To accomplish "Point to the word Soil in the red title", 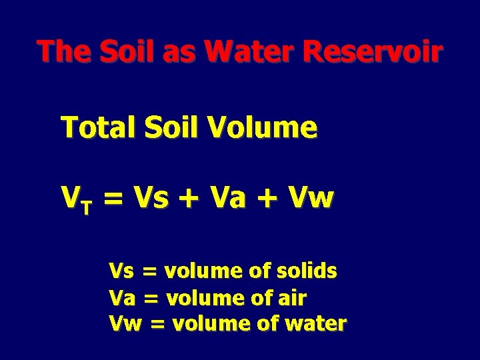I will click(123, 51).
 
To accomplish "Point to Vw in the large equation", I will click(311, 198).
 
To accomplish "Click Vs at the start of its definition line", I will click(121, 272).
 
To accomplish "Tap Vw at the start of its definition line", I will click(125, 325).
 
